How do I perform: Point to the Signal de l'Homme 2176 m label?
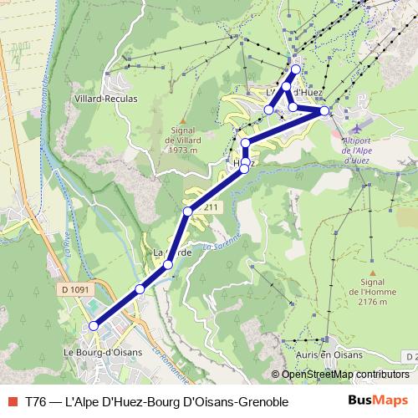click(x=375, y=293)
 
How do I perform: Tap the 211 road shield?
click(x=212, y=207)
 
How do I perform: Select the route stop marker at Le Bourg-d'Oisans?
click(x=93, y=326)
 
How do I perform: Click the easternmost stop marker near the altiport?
click(x=324, y=110)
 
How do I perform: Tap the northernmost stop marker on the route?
click(x=295, y=69)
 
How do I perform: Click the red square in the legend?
click(x=11, y=401)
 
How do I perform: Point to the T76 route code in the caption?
click(x=36, y=401)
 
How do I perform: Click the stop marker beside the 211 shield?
click(x=189, y=212)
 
